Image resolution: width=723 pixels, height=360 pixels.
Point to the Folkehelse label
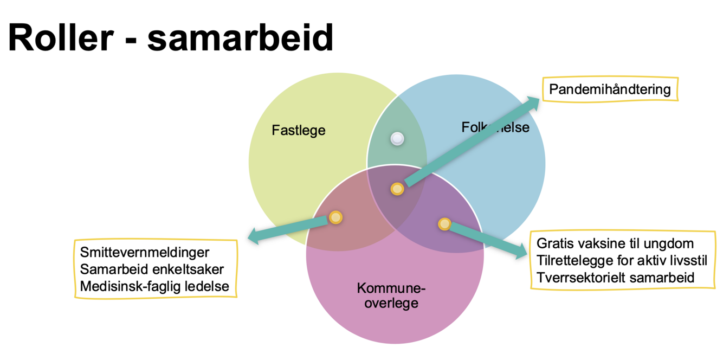pos(495,127)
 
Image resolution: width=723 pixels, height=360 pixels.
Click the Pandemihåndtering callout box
pos(610,89)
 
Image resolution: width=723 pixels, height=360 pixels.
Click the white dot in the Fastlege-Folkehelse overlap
pos(397,139)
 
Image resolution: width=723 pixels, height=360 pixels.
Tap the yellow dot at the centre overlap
pos(397,189)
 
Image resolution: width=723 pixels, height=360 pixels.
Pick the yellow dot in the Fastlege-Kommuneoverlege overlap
pos(336,217)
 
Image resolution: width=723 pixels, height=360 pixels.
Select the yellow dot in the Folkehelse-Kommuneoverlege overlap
pos(444,223)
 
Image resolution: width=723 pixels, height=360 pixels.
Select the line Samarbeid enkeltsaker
pos(151,269)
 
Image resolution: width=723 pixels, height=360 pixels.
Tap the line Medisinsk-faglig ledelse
pos(154,286)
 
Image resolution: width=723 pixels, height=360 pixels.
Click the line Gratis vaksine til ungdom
pos(615,243)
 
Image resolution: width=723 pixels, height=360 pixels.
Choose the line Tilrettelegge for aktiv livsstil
pos(622,260)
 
